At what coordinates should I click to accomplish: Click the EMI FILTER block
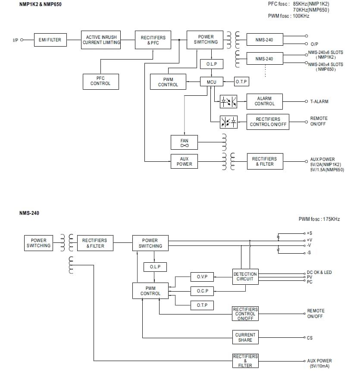[x=50, y=40]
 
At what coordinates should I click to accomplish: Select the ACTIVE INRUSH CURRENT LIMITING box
[x=101, y=40]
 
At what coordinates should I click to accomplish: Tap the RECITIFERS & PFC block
[x=153, y=40]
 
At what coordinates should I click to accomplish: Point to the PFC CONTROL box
[x=100, y=81]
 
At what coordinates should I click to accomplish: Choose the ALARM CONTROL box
[x=264, y=101]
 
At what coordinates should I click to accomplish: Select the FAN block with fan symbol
[x=184, y=142]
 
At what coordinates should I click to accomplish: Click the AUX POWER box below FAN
[x=184, y=161]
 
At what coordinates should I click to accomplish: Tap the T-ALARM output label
[x=319, y=102]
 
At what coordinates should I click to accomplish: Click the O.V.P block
[x=202, y=277]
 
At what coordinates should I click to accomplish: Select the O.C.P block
[x=202, y=291]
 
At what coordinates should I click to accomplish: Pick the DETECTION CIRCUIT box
[x=245, y=277]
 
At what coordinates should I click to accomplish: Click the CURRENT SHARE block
[x=245, y=337]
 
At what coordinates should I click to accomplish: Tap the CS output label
[x=310, y=338]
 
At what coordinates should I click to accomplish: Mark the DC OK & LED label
[x=319, y=272]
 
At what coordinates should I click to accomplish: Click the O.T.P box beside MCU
[x=241, y=82]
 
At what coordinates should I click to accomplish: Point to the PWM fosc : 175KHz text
[x=319, y=219]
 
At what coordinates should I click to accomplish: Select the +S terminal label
[x=309, y=233]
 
